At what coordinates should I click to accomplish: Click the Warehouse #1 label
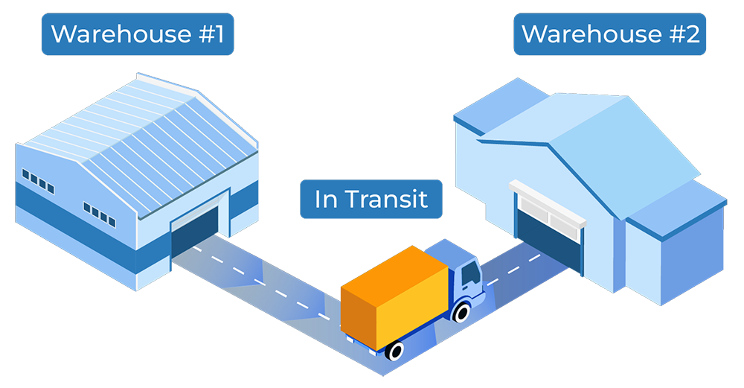pyautogui.click(x=137, y=34)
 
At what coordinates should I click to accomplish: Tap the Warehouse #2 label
pyautogui.click(x=611, y=34)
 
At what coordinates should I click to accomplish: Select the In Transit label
pyautogui.click(x=371, y=199)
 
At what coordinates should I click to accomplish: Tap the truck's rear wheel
pyautogui.click(x=396, y=349)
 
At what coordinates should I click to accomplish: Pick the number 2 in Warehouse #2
pyautogui.click(x=692, y=34)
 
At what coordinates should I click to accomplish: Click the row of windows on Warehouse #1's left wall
pyautogui.click(x=38, y=179)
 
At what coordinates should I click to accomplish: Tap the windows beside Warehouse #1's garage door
pyautogui.click(x=99, y=214)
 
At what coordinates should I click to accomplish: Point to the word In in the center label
pyautogui.click(x=325, y=199)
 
